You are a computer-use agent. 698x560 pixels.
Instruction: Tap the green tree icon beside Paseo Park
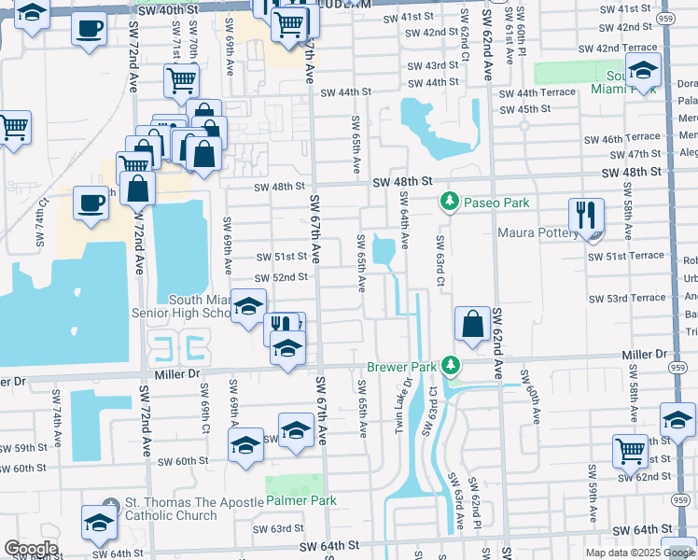(x=450, y=202)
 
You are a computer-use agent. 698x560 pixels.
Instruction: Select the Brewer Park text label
(x=401, y=367)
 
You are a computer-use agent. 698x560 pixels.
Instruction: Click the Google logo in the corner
(x=30, y=549)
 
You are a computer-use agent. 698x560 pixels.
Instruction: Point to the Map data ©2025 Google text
(x=640, y=553)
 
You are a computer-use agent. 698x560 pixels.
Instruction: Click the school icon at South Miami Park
(x=643, y=68)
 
